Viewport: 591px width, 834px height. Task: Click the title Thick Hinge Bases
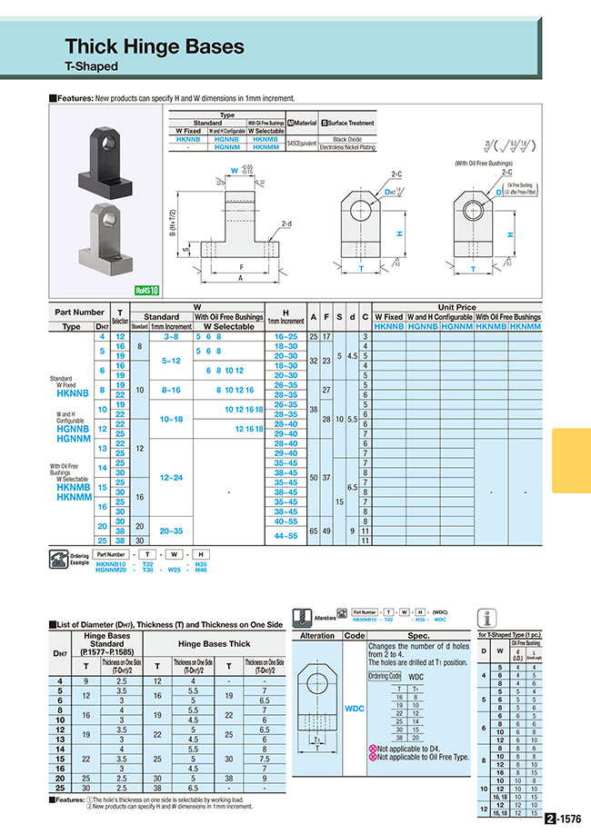pyautogui.click(x=155, y=46)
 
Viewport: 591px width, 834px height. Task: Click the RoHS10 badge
pyautogui.click(x=146, y=291)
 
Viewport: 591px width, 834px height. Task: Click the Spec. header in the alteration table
pyautogui.click(x=417, y=636)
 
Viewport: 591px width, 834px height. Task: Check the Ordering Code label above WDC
pyautogui.click(x=385, y=677)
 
